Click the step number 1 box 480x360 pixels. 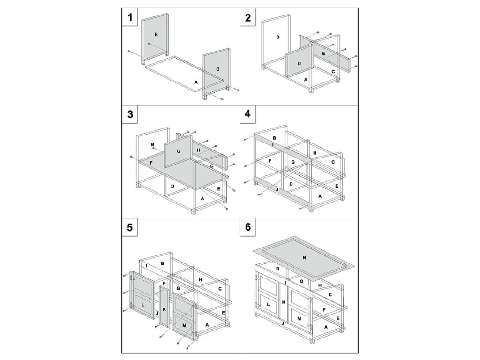[130, 17]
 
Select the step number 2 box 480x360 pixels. [247, 17]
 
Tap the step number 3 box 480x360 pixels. [130, 114]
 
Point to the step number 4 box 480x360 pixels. [247, 114]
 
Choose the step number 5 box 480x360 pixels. [130, 227]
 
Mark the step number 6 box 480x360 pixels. [247, 227]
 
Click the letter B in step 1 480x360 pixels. [156, 35]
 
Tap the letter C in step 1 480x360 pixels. [217, 69]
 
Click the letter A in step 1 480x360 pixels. [196, 82]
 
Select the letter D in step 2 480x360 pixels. [299, 64]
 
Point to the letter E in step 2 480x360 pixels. [323, 53]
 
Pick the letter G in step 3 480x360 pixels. [178, 151]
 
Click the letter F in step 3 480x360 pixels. [151, 163]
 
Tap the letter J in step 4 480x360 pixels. [277, 189]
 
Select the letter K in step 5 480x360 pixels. [164, 309]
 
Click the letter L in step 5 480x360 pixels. [142, 305]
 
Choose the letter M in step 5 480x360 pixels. [184, 325]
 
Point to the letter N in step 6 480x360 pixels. [304, 258]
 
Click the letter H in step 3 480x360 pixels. [198, 150]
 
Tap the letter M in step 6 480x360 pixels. [299, 319]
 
